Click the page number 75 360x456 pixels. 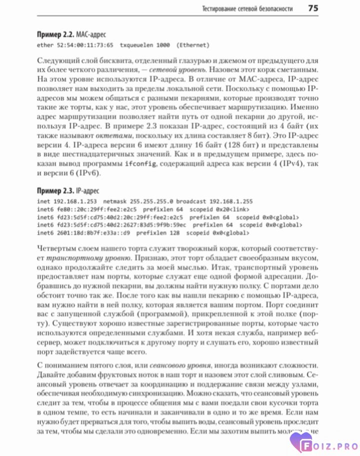point(313,8)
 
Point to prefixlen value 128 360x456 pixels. point(173,233)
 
